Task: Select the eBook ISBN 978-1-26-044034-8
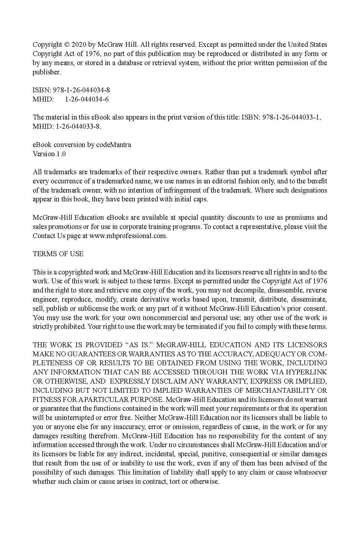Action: [81, 90]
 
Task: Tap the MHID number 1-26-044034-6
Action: [87, 99]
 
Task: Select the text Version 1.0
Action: [49, 154]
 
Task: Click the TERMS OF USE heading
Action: [58, 254]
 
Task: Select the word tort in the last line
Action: [172, 482]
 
